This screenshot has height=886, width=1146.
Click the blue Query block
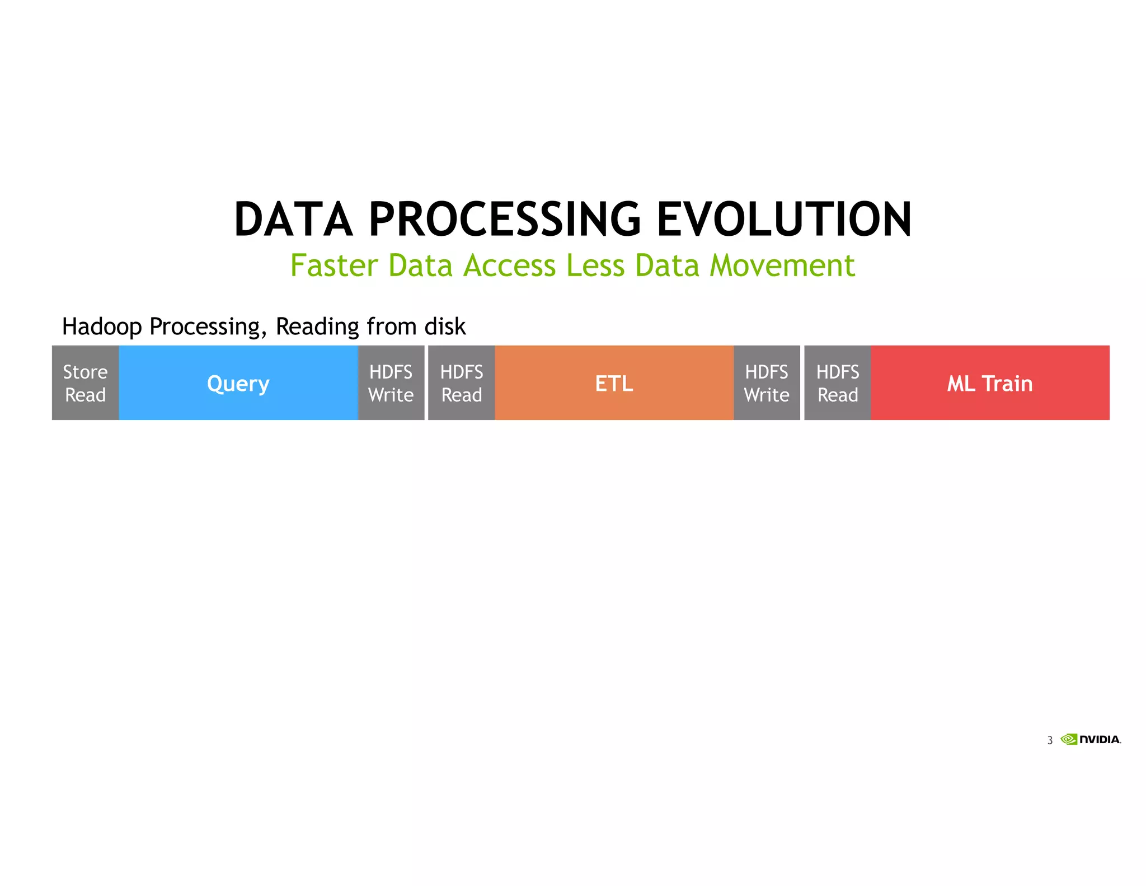tap(238, 383)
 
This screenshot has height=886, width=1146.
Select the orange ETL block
tap(614, 383)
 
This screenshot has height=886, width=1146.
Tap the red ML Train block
tap(989, 383)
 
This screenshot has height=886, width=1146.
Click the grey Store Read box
tap(85, 383)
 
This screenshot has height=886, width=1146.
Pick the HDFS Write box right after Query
tap(391, 383)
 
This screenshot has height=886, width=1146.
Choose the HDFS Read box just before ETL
tap(461, 383)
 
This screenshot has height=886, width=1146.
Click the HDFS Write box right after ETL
tap(767, 383)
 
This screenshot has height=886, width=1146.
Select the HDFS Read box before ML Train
tap(837, 383)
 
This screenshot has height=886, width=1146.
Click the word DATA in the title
tap(293, 220)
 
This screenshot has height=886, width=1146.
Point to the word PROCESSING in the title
tap(504, 220)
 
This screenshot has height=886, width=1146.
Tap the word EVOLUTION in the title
tap(784, 220)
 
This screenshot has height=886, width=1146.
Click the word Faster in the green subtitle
tap(334, 265)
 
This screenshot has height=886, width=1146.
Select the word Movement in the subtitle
tap(782, 265)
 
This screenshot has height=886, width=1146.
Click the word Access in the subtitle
tap(510, 265)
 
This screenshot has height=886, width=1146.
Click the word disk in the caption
tap(445, 327)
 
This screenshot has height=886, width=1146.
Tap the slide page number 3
tap(1050, 740)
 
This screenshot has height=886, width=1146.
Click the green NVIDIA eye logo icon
tap(1069, 739)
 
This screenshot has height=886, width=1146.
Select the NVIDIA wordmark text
tap(1100, 740)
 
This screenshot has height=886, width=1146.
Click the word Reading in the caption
tap(317, 327)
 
